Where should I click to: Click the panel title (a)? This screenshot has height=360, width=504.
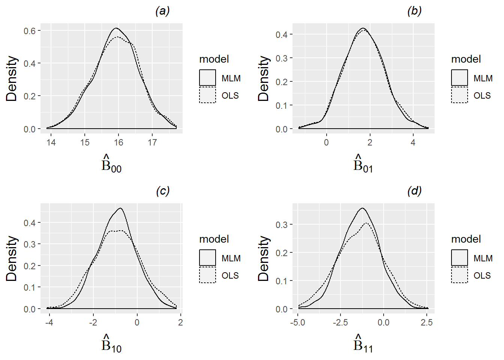162,11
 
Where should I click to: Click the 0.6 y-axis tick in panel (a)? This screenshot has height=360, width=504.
30,31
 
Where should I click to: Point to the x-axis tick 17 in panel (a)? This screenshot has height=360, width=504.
152,142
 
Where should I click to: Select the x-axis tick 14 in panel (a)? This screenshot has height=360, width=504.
51,142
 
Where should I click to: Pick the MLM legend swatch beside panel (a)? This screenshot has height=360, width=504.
207,78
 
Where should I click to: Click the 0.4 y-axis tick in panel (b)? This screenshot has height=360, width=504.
282,34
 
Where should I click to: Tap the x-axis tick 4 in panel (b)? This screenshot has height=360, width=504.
413,142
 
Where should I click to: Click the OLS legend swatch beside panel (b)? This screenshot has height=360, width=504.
459,95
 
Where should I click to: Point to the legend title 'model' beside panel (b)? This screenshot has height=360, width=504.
466,59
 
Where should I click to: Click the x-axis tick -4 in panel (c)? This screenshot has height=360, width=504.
49,322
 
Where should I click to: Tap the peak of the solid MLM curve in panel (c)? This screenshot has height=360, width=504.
120,208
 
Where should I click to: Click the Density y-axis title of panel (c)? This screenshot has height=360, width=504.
12,258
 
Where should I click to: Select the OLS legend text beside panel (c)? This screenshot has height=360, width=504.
230,276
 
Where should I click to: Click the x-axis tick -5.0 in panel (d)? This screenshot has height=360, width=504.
298,322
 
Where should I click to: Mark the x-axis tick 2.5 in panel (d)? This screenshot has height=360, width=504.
427,322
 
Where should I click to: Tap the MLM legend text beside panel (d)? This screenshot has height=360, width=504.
483,258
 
